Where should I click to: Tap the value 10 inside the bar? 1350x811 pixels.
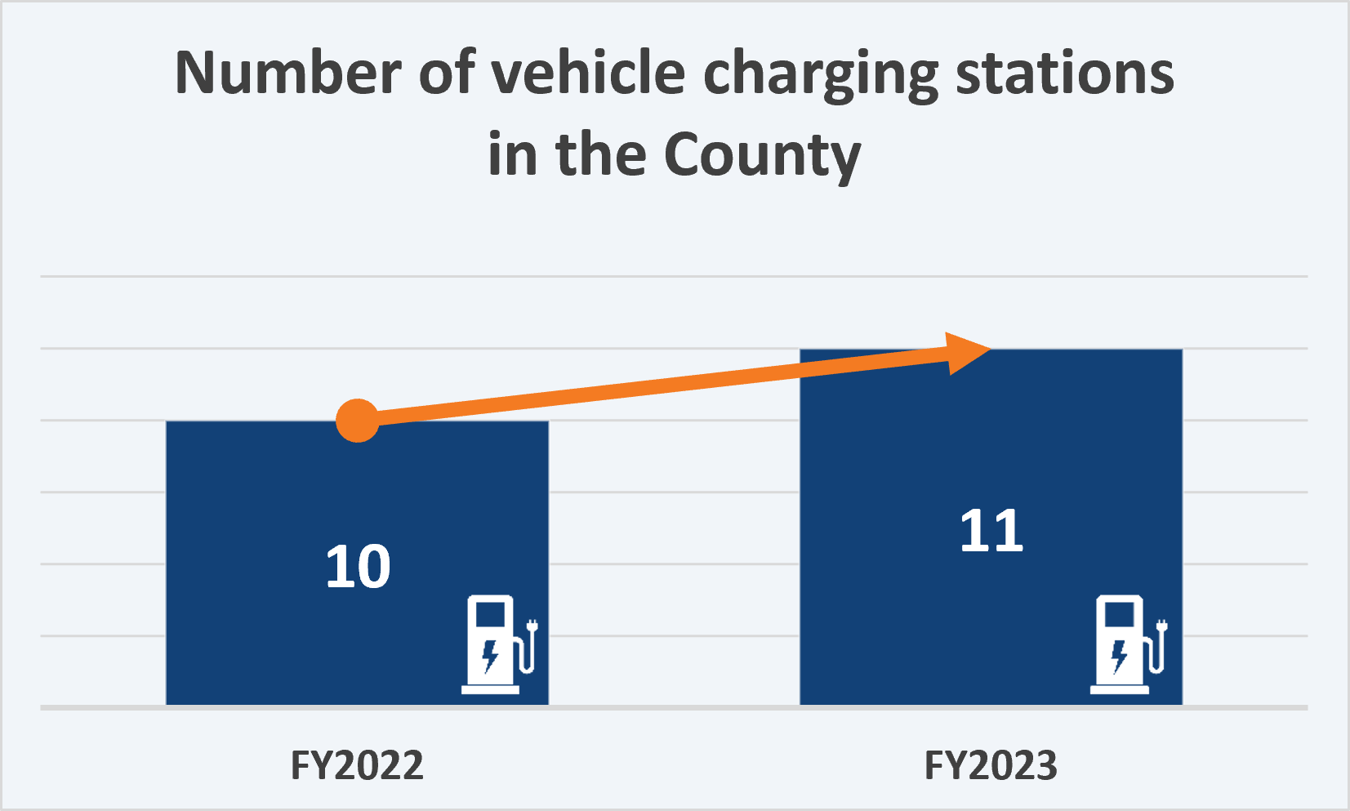click(358, 567)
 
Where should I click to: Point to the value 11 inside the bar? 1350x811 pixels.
click(991, 532)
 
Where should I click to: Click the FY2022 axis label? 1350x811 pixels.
click(357, 766)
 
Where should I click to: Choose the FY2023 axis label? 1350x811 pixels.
click(991, 766)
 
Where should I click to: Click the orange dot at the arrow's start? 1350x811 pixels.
click(358, 421)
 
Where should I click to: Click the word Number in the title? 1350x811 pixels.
click(285, 74)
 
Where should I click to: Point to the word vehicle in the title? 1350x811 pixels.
click(589, 74)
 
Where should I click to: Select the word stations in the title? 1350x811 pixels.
click(1065, 74)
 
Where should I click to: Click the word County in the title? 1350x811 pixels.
click(762, 155)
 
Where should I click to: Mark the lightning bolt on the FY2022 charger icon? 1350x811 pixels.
click(490, 654)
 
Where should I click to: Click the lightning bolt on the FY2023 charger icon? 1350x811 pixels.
click(1120, 655)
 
